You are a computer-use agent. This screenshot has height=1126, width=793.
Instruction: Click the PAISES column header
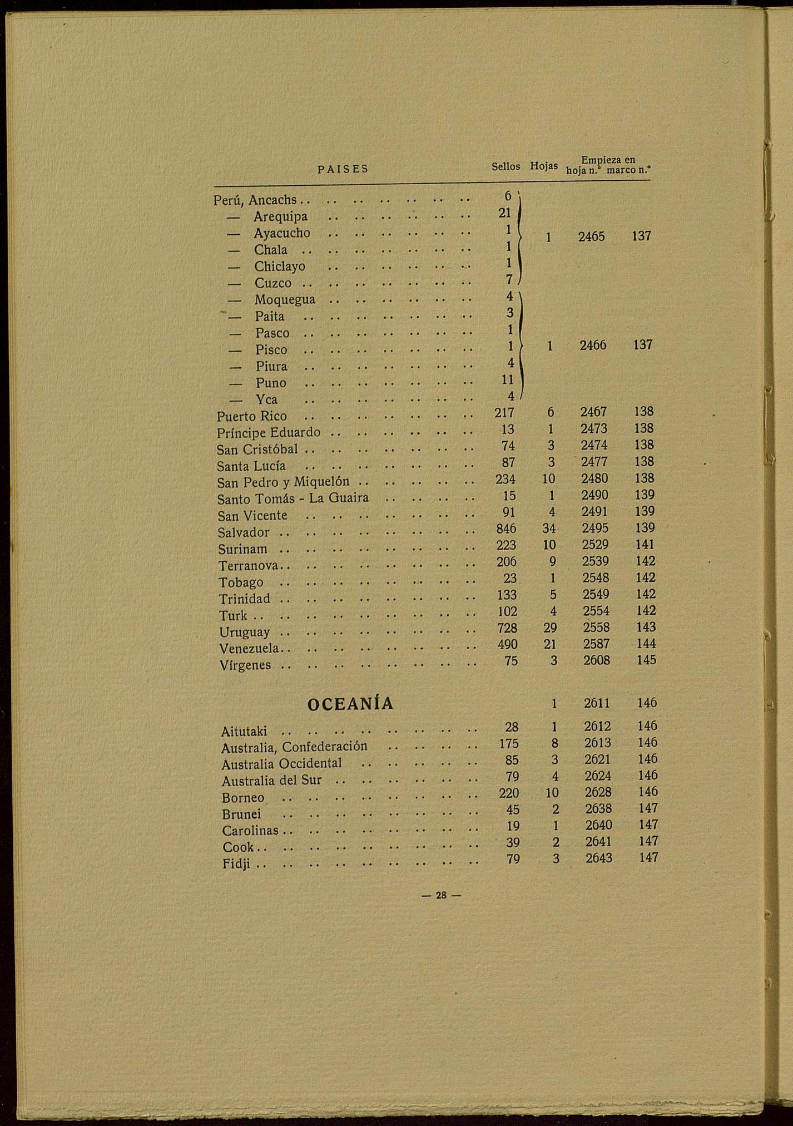click(x=343, y=169)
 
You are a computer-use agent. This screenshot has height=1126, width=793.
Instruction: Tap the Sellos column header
click(x=505, y=167)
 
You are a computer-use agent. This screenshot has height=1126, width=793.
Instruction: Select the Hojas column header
click(x=544, y=166)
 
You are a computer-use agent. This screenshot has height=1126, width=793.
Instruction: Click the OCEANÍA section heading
click(x=350, y=704)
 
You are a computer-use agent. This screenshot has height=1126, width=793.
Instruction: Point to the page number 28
click(x=441, y=895)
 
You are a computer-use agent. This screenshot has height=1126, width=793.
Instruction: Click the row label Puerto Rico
click(x=252, y=416)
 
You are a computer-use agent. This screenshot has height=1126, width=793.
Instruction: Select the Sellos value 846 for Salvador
click(x=506, y=528)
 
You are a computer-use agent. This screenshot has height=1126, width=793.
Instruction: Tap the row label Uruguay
click(x=244, y=633)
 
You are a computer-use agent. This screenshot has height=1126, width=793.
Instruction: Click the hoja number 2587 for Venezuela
click(x=596, y=644)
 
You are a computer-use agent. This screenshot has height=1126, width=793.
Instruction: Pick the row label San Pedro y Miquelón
click(x=283, y=482)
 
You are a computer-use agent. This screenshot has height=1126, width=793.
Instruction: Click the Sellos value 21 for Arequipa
click(x=505, y=213)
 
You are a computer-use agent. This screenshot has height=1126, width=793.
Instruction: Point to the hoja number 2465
click(x=591, y=236)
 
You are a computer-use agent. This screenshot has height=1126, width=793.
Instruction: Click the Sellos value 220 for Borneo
click(x=509, y=793)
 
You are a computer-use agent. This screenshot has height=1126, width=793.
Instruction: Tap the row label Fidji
click(x=236, y=865)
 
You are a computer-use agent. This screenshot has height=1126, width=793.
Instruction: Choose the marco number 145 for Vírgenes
click(x=646, y=660)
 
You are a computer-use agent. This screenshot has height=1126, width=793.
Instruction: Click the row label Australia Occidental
click(x=281, y=764)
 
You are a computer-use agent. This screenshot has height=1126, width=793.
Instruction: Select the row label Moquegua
click(x=285, y=300)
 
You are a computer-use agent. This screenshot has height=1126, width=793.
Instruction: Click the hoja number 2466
click(x=593, y=345)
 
